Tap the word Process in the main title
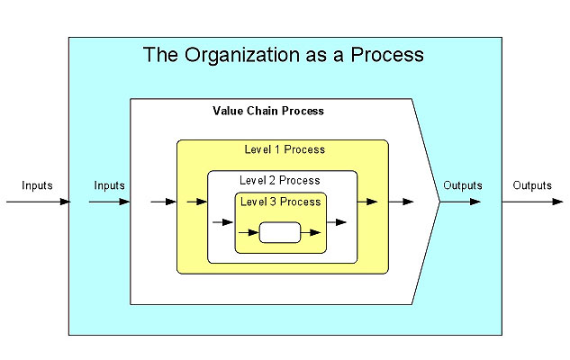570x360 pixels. (x=388, y=56)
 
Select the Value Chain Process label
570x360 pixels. (x=268, y=112)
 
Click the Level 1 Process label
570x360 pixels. (x=285, y=149)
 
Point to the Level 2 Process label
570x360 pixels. (x=280, y=180)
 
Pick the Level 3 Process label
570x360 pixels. (x=280, y=202)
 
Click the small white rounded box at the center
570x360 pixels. (x=279, y=232)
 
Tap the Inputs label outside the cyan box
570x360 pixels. (x=37, y=185)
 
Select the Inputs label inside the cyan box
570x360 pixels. (x=109, y=185)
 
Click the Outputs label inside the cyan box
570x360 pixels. (x=463, y=185)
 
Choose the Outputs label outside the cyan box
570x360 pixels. (x=532, y=185)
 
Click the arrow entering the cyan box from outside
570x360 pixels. (x=37, y=202)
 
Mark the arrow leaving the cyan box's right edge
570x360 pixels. (x=532, y=202)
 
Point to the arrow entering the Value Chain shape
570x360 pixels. (x=109, y=202)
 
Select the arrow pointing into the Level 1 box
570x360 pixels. (x=164, y=202)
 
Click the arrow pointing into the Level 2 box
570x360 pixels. (x=197, y=202)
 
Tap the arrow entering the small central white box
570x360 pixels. (x=249, y=232)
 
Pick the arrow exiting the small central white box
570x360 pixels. (x=310, y=232)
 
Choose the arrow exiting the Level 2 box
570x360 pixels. (x=366, y=202)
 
